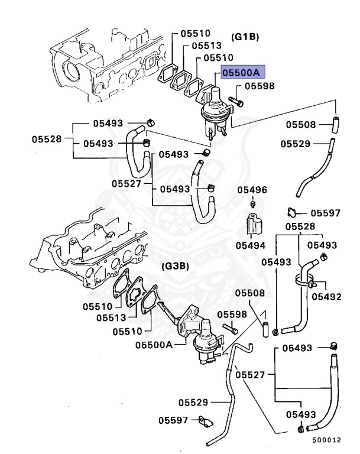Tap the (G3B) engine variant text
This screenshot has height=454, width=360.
coord(175,266)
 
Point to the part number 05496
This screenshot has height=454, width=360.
coord(252,190)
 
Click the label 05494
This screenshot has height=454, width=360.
coord(250,245)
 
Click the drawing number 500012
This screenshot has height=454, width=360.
coord(327,440)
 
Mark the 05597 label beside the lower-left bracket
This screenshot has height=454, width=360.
coord(173,420)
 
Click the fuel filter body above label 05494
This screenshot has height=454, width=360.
coord(252,225)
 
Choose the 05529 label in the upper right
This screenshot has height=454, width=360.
coord(295,143)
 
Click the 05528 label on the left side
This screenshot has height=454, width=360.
coord(46,139)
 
